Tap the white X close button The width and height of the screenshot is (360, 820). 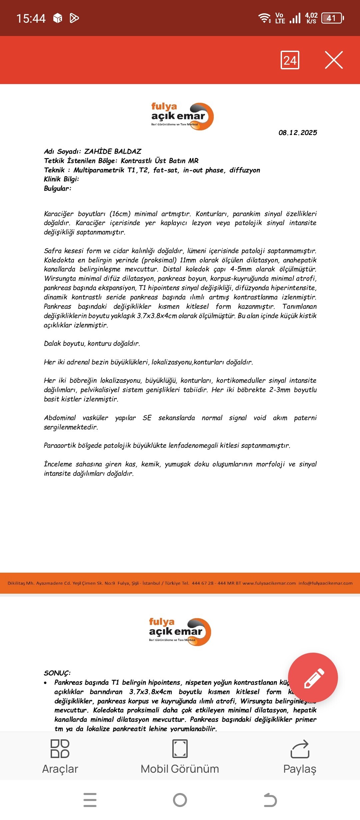pos(334,60)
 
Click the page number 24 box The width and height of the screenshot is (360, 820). pos(290,60)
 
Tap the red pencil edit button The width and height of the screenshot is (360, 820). pos(313,677)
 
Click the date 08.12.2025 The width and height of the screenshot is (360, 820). pos(298,133)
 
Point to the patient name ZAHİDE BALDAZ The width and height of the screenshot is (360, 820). pos(113,151)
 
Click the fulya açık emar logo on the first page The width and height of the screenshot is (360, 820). pos(182,116)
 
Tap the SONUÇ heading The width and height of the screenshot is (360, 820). pos(57,673)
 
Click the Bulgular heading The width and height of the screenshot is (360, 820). pos(57,188)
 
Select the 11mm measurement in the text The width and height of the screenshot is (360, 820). pos(188,260)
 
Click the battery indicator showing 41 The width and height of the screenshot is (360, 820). pos(332,18)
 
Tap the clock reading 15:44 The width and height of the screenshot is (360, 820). pos(31,18)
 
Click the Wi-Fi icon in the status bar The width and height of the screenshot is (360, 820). pos(265,18)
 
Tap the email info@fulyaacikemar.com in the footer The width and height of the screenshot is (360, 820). pos(325,583)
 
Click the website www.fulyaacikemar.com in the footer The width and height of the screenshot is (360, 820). pos(269,583)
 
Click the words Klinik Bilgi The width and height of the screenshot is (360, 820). pos(61,179)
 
